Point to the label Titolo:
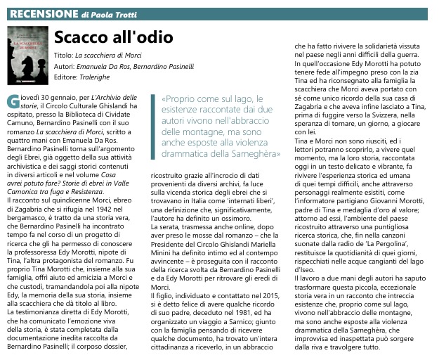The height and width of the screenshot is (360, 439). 63,54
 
